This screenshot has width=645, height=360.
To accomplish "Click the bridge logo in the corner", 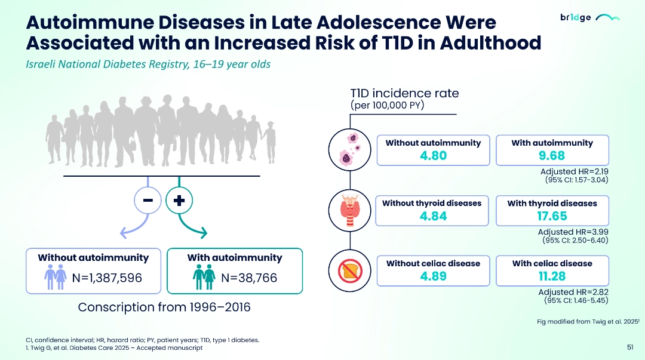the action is click(x=590, y=17).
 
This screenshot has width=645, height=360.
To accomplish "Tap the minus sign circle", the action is click(x=148, y=201).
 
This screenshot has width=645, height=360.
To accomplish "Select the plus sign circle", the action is click(x=179, y=201).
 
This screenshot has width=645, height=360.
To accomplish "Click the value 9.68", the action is click(x=552, y=155).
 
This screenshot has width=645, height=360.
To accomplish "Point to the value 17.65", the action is click(x=552, y=216).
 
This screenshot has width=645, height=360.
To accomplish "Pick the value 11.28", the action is click(x=552, y=276).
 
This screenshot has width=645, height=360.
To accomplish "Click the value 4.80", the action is click(x=433, y=155).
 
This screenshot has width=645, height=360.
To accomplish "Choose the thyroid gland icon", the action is click(x=349, y=210).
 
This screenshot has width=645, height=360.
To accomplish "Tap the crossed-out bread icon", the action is click(x=349, y=270).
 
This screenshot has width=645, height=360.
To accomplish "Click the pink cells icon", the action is click(x=349, y=150).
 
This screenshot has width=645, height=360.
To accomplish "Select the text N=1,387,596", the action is click(x=107, y=278).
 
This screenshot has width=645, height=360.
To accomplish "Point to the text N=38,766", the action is click(x=249, y=278).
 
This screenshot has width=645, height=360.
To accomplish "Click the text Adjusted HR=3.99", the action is click(x=573, y=232).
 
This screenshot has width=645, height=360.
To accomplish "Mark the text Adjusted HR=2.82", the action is click(x=573, y=292).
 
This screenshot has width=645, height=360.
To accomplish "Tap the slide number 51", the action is click(x=630, y=347).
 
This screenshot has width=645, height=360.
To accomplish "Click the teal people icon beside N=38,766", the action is click(x=204, y=276).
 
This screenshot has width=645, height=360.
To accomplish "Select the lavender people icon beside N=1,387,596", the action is click(x=56, y=276).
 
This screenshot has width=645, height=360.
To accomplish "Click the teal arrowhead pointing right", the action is click(x=202, y=233).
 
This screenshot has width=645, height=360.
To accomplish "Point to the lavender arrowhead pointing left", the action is click(x=124, y=233).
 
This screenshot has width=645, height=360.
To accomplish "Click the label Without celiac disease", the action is click(x=433, y=263).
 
